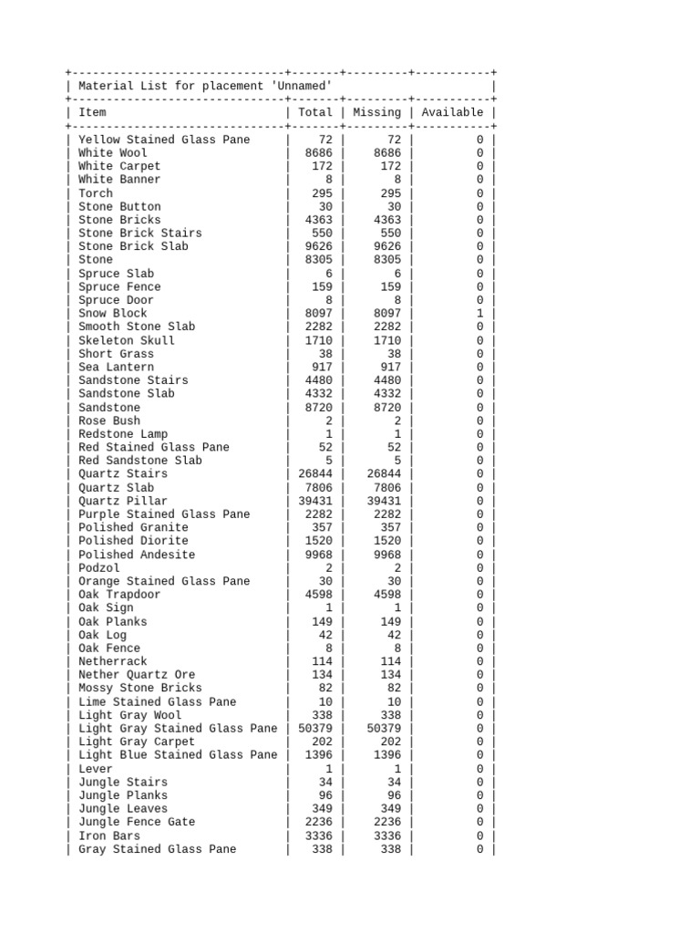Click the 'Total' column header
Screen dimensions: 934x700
pos(315,112)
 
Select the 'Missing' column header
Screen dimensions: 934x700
pos(376,112)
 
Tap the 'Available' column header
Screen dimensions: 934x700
pos(452,112)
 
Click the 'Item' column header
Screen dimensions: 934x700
pos(92,112)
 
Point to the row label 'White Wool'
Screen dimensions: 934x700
pos(112,153)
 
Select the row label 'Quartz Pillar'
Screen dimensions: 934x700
pos(122,501)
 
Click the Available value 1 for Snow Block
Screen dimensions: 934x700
pos(479,314)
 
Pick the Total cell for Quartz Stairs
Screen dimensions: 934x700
pos(315,474)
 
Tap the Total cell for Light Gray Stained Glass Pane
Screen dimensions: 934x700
pos(315,729)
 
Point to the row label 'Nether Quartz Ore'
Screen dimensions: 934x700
pos(136,675)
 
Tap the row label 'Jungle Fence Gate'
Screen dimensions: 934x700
pos(136,822)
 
